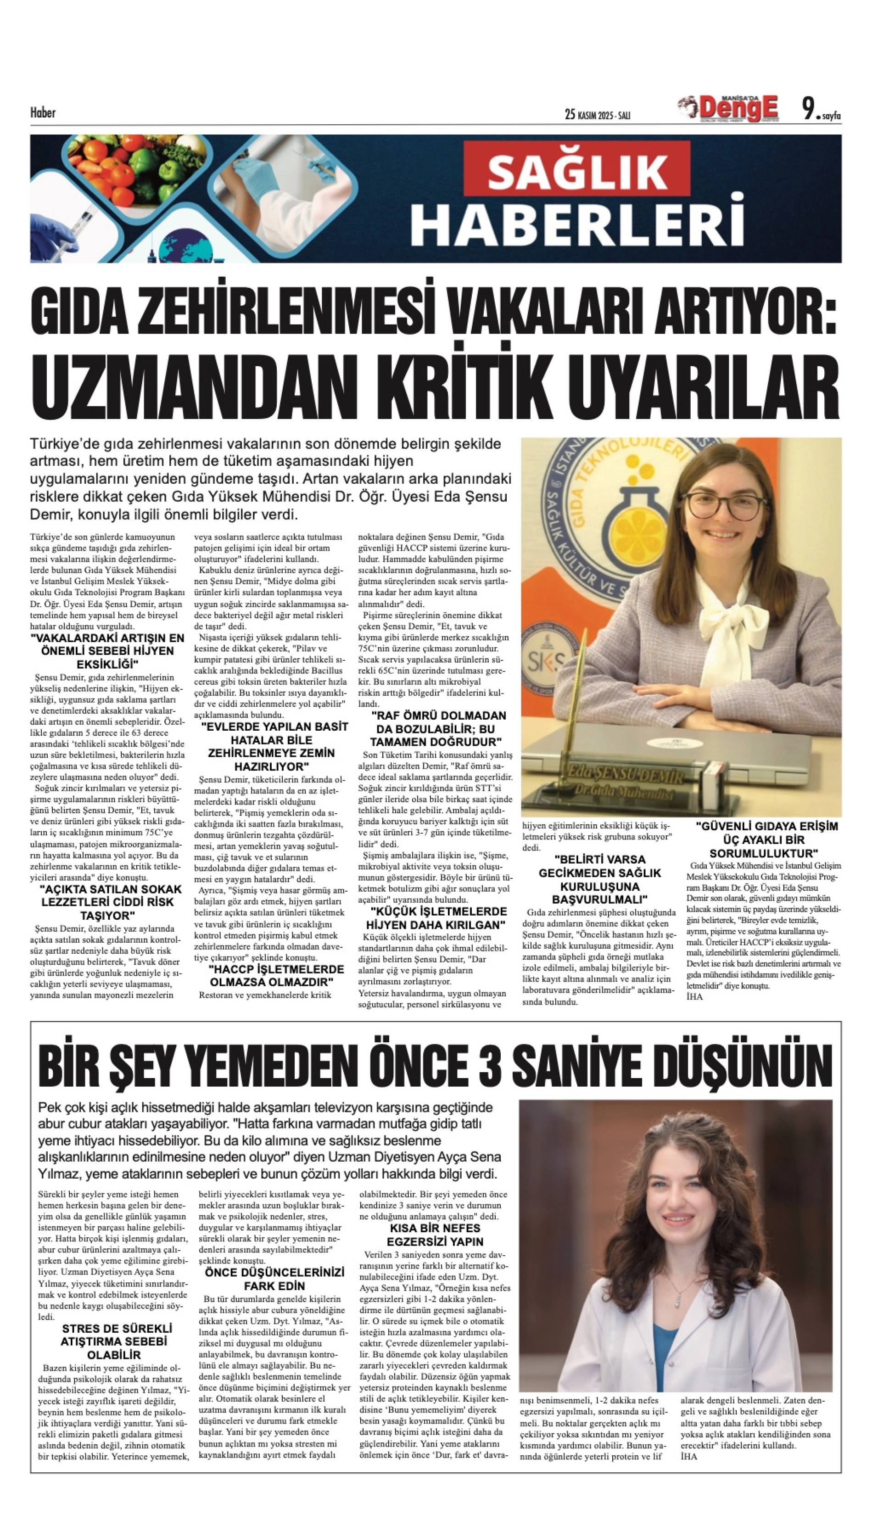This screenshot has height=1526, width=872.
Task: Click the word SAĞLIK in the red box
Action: [x=577, y=172]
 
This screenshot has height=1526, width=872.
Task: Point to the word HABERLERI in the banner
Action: [x=577, y=224]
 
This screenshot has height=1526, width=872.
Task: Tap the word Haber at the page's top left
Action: [x=43, y=112]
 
